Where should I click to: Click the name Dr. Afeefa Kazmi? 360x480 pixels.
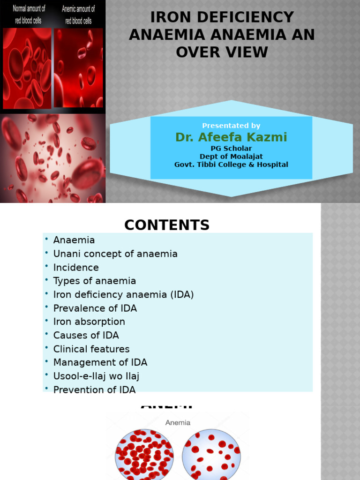click(x=231, y=137)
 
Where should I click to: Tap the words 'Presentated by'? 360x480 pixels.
click(x=231, y=126)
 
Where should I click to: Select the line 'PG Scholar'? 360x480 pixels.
click(x=231, y=149)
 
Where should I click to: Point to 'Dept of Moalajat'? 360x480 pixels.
click(x=231, y=157)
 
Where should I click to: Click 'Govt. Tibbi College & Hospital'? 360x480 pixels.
click(x=231, y=165)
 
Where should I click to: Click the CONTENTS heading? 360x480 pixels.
click(x=167, y=225)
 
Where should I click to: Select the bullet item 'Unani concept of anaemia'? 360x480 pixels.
click(x=115, y=254)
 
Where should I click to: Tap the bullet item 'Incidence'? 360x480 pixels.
click(x=76, y=268)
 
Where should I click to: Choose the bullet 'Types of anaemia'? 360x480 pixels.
click(x=95, y=281)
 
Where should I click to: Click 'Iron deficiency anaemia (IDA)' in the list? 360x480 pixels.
click(x=123, y=295)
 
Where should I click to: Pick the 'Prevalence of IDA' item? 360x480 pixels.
click(x=95, y=308)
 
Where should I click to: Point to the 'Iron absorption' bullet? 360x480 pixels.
click(x=89, y=322)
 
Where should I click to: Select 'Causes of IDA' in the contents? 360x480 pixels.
click(x=86, y=336)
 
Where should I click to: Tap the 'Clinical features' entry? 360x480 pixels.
click(x=91, y=349)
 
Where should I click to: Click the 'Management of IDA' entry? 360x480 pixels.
click(x=100, y=363)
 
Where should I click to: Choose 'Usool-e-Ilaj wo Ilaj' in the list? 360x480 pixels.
click(x=96, y=376)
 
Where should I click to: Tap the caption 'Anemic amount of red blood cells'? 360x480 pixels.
click(x=78, y=15)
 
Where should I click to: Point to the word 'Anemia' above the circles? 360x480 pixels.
click(x=178, y=422)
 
